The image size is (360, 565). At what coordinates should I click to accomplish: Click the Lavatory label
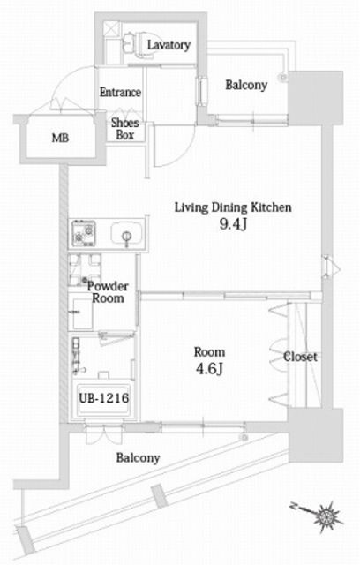pos(169,44)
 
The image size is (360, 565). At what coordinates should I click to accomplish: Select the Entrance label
pos(120,92)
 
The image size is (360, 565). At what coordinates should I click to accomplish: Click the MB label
pos(58,139)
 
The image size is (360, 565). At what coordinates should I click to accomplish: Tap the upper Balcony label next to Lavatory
pos(246,85)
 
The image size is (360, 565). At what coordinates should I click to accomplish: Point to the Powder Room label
pos(109,292)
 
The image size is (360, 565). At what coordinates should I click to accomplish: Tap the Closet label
pos(300,358)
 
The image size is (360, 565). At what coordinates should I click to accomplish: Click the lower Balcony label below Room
pos(138,458)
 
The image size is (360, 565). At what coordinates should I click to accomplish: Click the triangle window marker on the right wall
pos(328,264)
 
